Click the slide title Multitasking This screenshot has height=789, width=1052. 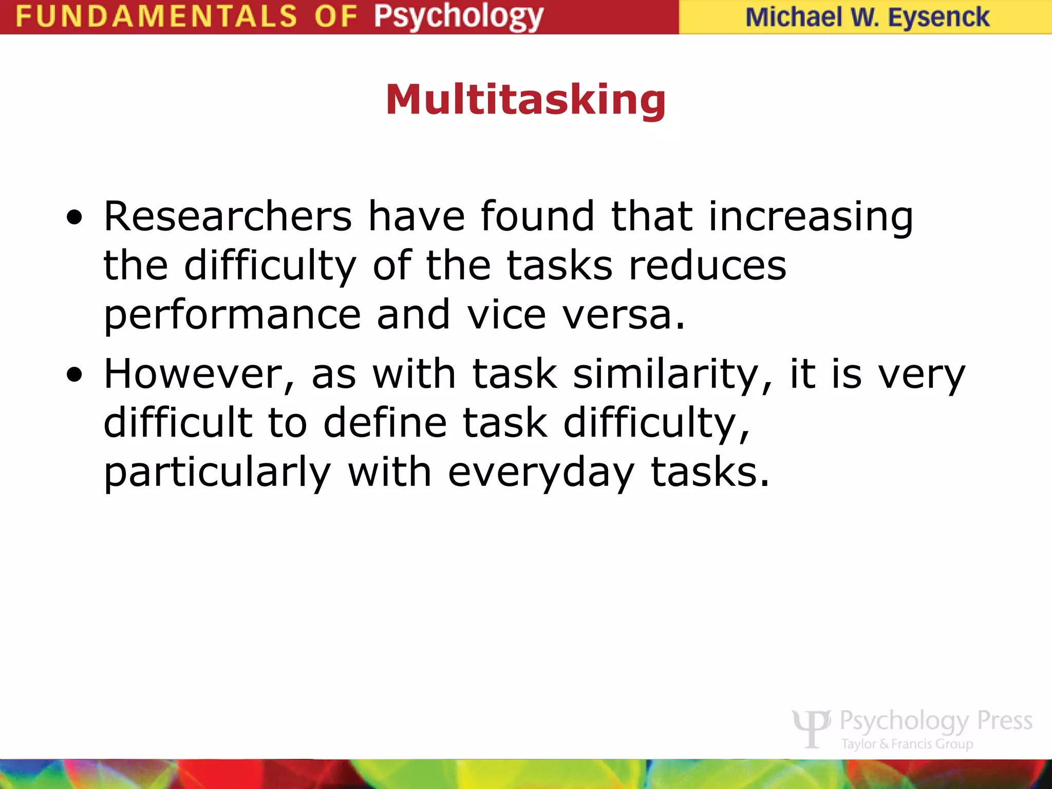click(x=525, y=100)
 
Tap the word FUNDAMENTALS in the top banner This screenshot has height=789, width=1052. click(x=156, y=16)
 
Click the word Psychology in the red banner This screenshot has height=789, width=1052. click(x=458, y=16)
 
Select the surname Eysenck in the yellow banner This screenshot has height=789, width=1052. click(x=938, y=17)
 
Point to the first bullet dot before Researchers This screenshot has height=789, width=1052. click(x=74, y=217)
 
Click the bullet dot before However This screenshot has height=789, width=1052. click(x=74, y=375)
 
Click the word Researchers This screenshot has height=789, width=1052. click(x=228, y=216)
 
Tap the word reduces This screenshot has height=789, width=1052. click(x=707, y=266)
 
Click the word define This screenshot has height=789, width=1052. click(x=385, y=422)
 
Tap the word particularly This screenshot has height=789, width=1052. click(x=217, y=473)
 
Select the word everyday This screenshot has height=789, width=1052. click(x=541, y=473)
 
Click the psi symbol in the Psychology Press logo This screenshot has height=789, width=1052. click(x=811, y=728)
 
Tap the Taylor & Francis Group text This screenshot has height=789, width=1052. click(x=907, y=744)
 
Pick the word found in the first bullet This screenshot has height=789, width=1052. click(x=537, y=216)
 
